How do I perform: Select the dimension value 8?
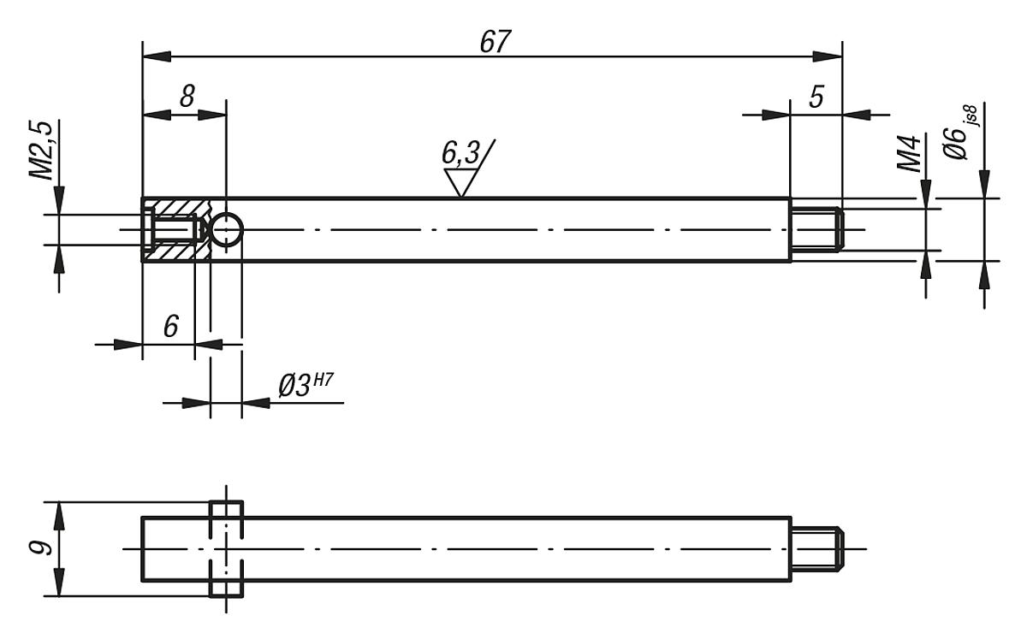point(185,97)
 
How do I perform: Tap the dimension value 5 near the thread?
point(816,97)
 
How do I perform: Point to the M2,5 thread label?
point(43,151)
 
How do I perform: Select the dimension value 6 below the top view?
point(171,327)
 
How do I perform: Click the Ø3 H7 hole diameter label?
point(305,386)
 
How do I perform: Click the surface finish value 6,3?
point(461,154)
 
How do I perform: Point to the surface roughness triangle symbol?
point(460,183)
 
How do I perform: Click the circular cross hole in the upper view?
point(227,229)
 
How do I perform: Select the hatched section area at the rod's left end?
point(176,211)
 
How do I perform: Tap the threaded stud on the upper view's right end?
point(817,229)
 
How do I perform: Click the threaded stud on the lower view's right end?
point(817,548)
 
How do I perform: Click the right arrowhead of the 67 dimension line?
point(828,56)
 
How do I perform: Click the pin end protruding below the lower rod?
point(227,589)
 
